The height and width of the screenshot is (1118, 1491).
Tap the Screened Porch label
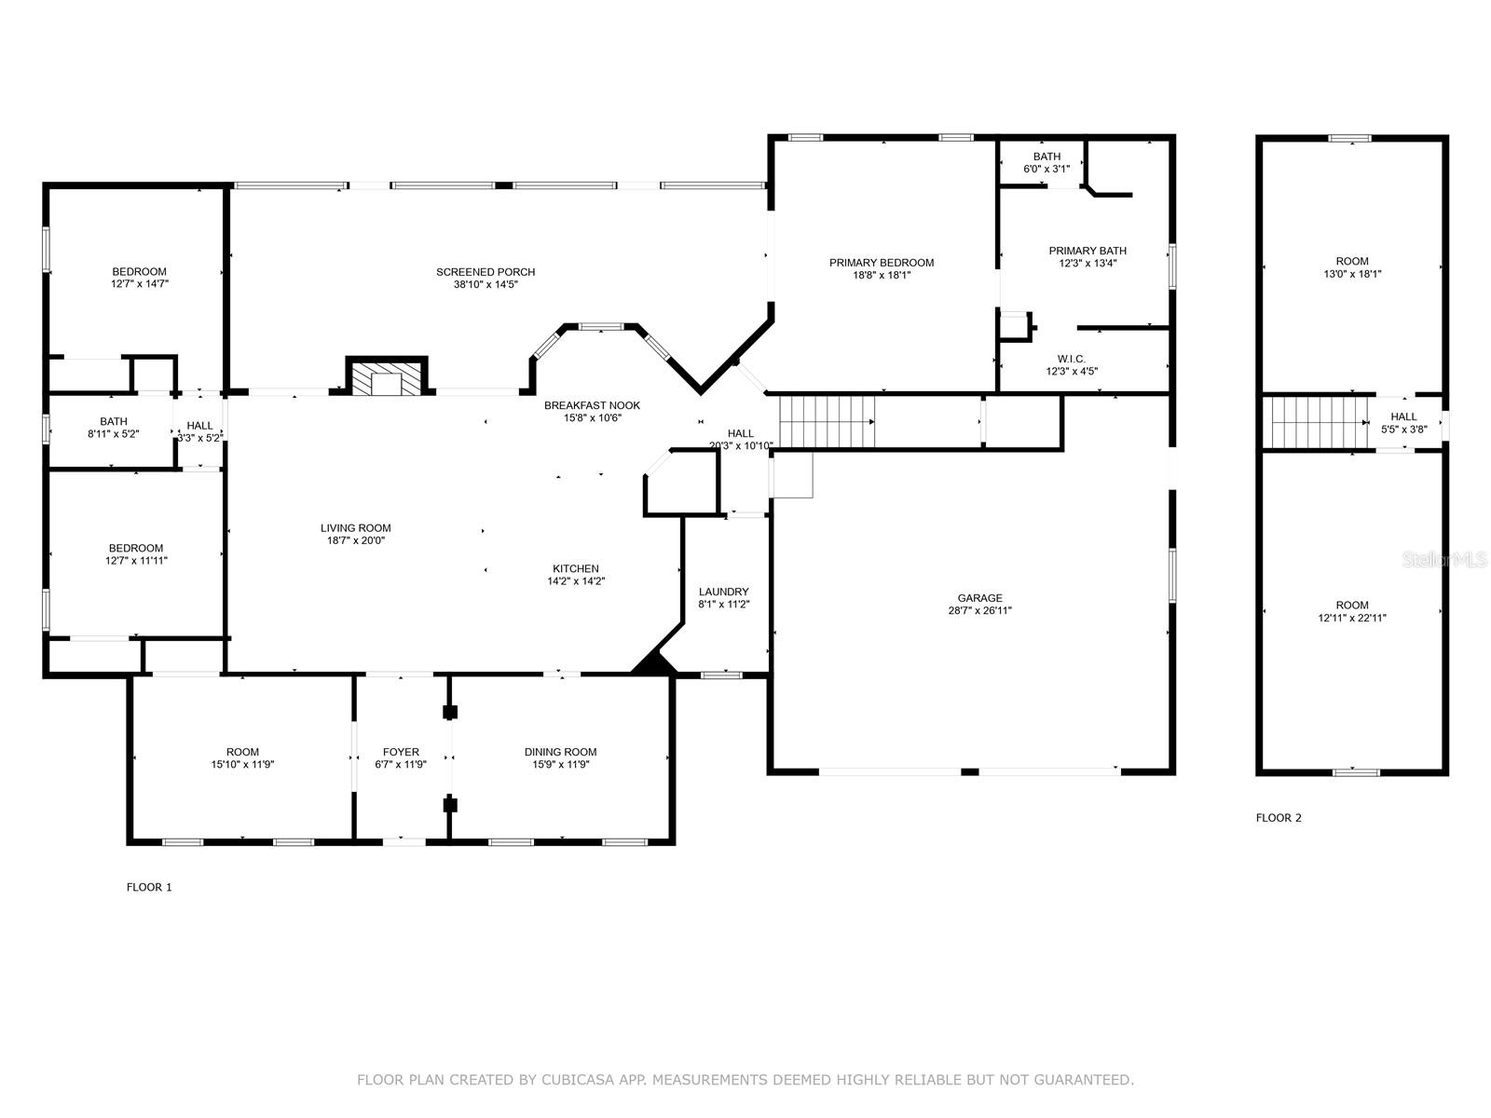pos(486,272)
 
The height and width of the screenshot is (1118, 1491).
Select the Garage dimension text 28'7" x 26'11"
pos(979,611)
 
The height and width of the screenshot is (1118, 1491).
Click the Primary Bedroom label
pos(881,263)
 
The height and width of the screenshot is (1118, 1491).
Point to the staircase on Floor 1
pos(827,421)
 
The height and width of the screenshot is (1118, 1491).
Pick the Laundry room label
pos(723,592)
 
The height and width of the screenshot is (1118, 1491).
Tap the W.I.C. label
pos(1071,359)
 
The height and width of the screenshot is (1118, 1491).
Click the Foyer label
pos(401,752)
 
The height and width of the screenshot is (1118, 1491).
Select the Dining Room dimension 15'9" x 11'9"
pos(560,765)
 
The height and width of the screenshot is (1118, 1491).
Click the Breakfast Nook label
pos(592,405)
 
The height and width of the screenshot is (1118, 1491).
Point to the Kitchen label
pos(576,568)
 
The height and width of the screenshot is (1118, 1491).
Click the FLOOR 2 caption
pos(1279,818)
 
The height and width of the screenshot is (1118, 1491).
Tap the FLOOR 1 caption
pos(149,887)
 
